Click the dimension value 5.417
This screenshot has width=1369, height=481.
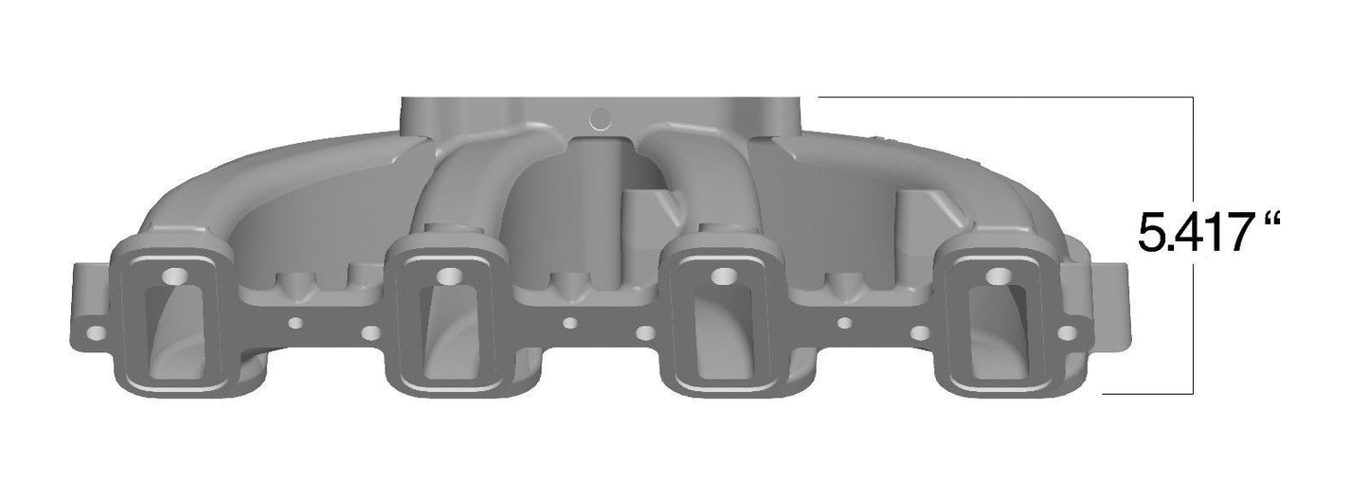click(1195, 234)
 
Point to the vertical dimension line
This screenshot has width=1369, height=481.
click(1192, 312)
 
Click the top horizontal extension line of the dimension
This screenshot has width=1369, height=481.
click(1004, 98)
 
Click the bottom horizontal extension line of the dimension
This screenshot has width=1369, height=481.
click(1146, 392)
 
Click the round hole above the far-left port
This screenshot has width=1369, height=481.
click(175, 276)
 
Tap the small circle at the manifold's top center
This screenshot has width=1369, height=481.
click(601, 117)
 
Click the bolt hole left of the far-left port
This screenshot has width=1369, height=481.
click(95, 334)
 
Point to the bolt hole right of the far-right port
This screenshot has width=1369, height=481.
click(1067, 333)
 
